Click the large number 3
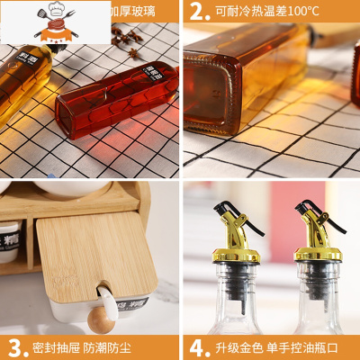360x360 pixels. (16, 347)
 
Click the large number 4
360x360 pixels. (197, 347)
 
